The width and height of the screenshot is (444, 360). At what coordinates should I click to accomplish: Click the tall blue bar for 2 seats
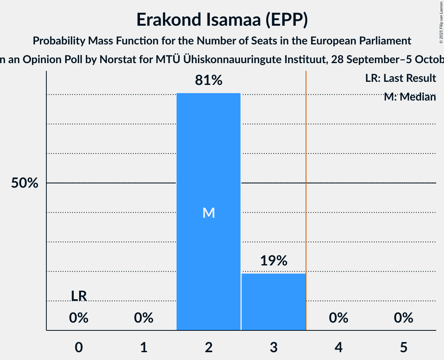[209, 156]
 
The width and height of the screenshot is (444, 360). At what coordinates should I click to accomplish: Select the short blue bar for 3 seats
[273, 302]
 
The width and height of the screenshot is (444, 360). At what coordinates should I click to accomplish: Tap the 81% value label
[209, 81]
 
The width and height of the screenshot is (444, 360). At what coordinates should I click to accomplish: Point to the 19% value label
[273, 261]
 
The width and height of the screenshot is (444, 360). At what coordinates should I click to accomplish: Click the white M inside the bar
[209, 213]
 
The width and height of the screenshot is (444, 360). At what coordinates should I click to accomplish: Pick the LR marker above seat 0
[79, 296]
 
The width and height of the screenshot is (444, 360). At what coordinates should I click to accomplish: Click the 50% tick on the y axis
[25, 183]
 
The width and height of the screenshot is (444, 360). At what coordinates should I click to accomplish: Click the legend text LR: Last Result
[400, 78]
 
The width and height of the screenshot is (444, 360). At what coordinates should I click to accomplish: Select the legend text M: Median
[410, 97]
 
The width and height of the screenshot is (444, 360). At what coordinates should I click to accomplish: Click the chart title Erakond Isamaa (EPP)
[222, 20]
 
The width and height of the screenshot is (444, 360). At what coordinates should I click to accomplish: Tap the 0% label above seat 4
[338, 318]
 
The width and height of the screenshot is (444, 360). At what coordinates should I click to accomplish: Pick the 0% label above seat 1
[144, 318]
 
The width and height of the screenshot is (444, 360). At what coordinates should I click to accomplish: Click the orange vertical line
[306, 195]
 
